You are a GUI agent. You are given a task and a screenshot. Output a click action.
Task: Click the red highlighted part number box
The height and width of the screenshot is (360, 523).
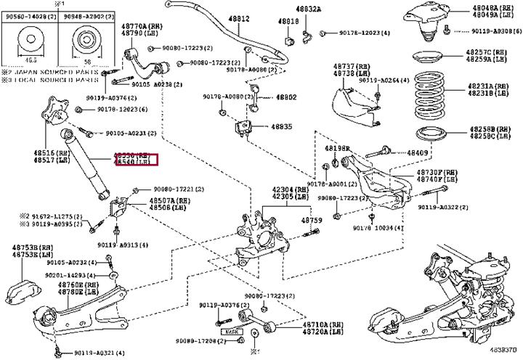click(x=135, y=160)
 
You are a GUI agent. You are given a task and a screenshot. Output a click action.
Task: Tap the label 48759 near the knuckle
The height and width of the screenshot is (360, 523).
click(x=312, y=220)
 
